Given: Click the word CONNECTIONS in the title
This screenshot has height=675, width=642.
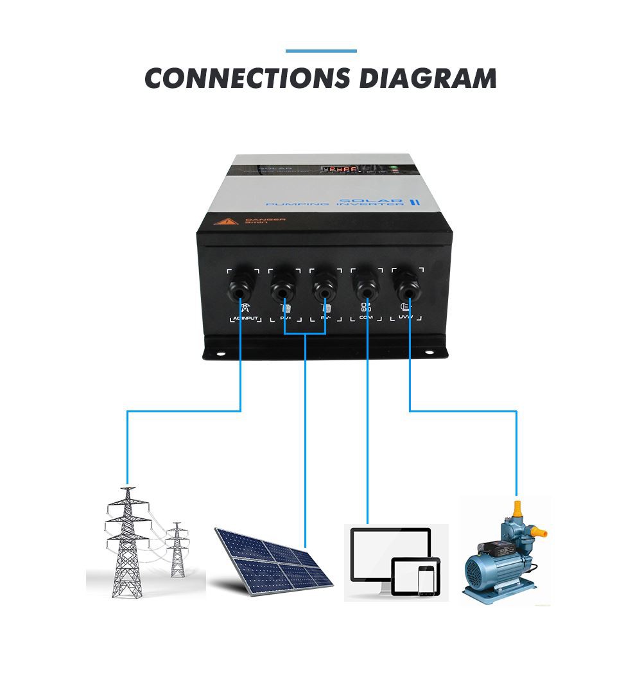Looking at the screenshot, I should tap(248, 78).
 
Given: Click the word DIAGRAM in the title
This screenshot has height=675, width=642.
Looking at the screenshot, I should tap(428, 78).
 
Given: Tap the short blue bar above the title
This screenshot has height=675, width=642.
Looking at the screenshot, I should tap(320, 51).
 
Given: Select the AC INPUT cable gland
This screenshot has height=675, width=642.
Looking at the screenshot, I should tap(239, 290).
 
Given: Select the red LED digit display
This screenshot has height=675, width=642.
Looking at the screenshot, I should tap(340, 170).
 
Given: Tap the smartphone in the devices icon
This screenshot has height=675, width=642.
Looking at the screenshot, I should tap(425, 581).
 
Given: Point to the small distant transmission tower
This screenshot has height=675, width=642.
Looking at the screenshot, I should tap(177, 549).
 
